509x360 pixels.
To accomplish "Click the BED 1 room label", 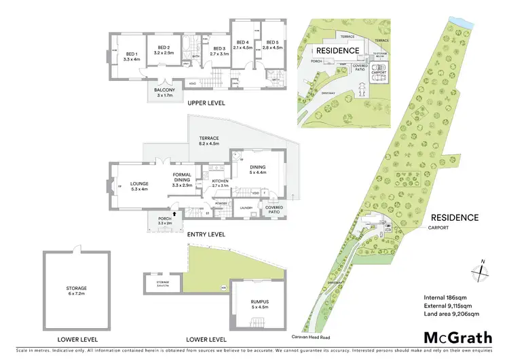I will (132, 56).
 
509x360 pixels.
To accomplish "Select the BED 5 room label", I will (271, 46).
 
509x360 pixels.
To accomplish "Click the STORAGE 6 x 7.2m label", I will (76, 291).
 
